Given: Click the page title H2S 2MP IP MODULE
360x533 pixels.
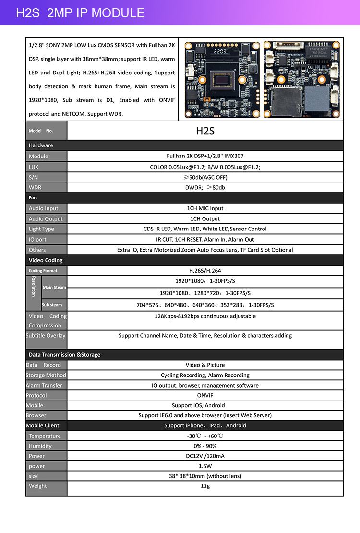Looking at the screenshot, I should pos(80,13).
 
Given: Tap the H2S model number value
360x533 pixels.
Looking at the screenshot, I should pos(205,131).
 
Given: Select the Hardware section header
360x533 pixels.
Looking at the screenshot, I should pos(41,145).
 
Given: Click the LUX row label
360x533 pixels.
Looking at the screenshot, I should pos(34,167).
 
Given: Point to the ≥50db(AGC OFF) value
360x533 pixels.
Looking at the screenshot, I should pos(205,177).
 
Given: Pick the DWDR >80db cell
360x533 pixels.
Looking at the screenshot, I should pos(205,187).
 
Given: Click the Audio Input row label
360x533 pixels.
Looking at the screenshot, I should pos(43,208).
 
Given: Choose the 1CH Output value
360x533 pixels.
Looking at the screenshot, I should pos(205,218).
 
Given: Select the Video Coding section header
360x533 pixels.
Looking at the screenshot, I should pos(46,260).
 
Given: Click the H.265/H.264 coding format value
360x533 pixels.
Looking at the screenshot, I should pos(205,271).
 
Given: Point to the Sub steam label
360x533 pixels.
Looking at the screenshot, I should pos(52,305).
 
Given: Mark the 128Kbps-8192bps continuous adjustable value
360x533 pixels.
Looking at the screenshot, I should pos(205,316).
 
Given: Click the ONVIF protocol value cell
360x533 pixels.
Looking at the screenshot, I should pos(205,395).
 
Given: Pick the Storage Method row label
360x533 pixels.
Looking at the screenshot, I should pos(46,375).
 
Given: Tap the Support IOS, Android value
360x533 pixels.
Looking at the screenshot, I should pos(205,405).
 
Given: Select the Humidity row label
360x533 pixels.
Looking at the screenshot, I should pos(40,446).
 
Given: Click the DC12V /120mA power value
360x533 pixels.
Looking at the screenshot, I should pos(205,456).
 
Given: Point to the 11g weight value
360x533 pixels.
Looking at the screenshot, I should pos(205,486).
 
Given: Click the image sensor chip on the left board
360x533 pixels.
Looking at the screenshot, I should pos(224,79).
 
